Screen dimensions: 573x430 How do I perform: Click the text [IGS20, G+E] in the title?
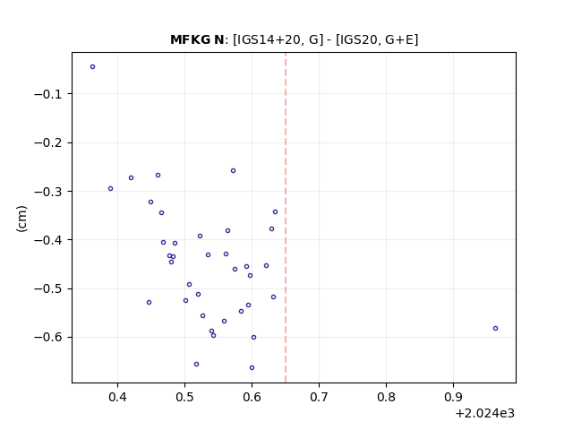377,39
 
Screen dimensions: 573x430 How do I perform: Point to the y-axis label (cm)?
21,219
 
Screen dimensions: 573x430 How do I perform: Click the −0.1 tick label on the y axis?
48,94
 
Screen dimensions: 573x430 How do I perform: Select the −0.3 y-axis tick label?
48,191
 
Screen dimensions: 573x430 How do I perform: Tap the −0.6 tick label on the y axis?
48,337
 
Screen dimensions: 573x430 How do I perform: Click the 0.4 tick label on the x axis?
117,397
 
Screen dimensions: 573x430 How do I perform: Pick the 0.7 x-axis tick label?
319,397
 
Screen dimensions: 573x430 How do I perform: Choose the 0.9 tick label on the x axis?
453,397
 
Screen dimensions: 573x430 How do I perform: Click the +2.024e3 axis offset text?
485,414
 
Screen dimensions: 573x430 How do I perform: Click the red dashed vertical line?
286,218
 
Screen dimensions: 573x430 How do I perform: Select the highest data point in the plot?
92,66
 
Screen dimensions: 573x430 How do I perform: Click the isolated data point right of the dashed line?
495,329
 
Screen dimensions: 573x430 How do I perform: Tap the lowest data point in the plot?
252,368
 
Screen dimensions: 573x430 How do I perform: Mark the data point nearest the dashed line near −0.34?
275,212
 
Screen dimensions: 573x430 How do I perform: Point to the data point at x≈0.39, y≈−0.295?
110,189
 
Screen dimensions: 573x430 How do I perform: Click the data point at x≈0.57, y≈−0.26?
233,171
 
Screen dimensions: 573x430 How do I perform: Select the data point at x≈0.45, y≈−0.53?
150,303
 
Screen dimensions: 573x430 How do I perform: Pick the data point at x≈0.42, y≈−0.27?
132,178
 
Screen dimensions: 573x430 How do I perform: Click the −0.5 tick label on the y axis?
48,288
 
